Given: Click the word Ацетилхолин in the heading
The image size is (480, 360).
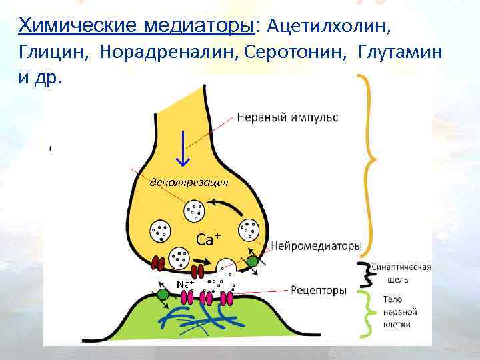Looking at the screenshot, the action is coord(329,26).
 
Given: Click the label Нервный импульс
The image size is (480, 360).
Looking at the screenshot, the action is coord(287,117).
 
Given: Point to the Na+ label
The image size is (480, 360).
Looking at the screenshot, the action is coord(185,285).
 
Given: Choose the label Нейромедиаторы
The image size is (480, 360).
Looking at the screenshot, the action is coord(316,246).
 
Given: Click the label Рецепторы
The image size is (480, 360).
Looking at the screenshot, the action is coord(319,291).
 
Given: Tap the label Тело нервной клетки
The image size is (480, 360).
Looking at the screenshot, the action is coord(401,311).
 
